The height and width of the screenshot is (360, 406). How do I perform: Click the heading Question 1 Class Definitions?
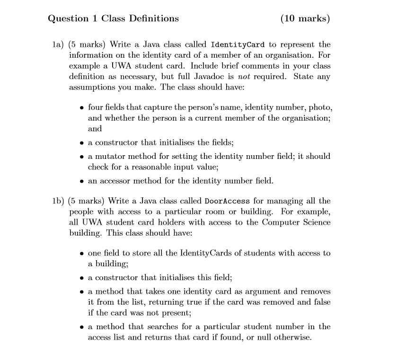click(x=114, y=19)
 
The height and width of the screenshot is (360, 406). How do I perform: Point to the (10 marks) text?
click(x=305, y=19)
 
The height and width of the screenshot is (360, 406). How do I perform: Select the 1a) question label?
click(x=58, y=45)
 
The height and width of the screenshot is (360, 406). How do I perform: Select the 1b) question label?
click(x=58, y=201)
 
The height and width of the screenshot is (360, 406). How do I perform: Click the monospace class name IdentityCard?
click(x=237, y=45)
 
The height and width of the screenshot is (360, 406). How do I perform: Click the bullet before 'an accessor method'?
click(x=82, y=181)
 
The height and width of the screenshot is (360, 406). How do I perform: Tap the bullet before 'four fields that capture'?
click(x=82, y=108)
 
